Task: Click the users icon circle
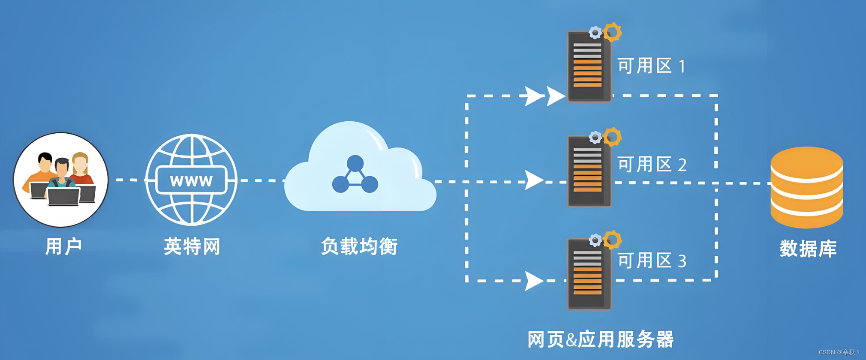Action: point(60,180)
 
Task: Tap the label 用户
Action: point(63,246)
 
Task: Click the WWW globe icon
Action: point(191,180)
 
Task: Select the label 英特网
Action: point(192,246)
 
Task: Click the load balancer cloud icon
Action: point(359,171)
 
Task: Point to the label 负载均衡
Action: point(359,246)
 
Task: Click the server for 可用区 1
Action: point(589,66)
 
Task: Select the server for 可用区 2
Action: point(589,171)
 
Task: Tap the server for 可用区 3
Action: point(589,274)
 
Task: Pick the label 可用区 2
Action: point(652,165)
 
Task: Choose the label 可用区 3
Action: point(652,261)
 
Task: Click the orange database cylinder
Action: point(806,187)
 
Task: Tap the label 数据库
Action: point(808,249)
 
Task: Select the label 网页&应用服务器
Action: point(600,339)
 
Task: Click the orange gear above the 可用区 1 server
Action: point(612,32)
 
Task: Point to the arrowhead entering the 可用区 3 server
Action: point(533,281)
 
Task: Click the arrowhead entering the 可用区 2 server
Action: point(533,180)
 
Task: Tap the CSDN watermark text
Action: point(838,352)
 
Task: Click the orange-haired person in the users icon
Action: point(80,165)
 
